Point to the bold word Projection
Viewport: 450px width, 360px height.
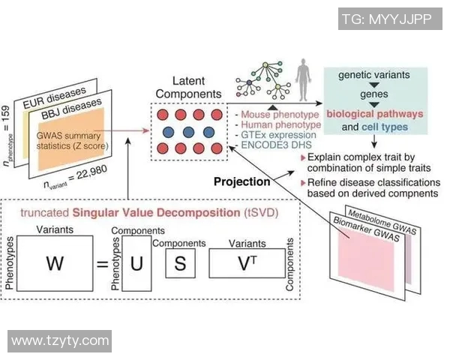pyautogui.click(x=241, y=182)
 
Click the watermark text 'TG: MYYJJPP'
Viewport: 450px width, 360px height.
pyautogui.click(x=385, y=19)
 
